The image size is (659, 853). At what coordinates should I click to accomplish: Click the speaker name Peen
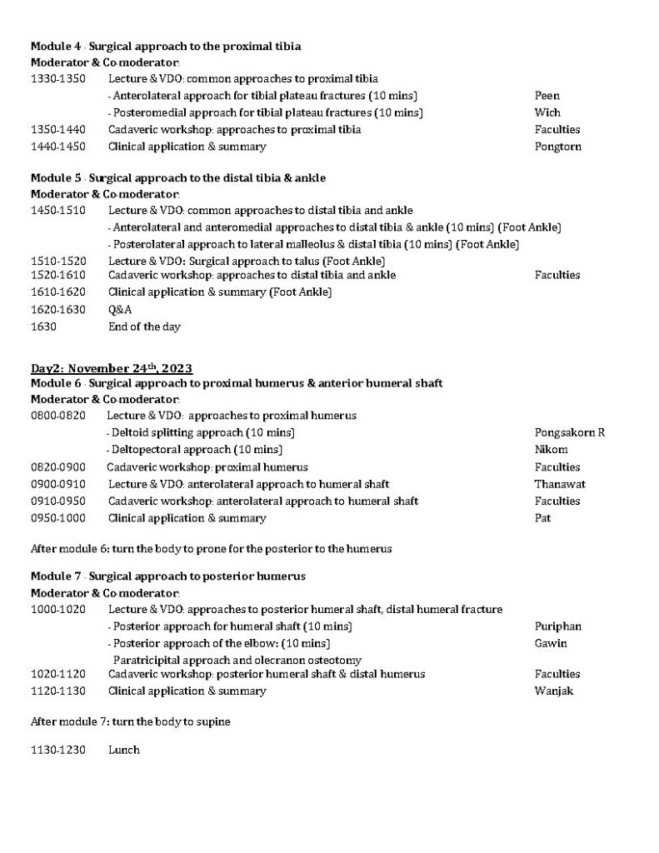[547, 96]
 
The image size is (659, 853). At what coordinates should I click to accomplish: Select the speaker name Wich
[547, 112]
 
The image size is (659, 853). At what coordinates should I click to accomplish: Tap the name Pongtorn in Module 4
[557, 147]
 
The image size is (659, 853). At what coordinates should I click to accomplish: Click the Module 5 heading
[178, 177]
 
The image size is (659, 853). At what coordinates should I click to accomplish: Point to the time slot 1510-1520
[58, 261]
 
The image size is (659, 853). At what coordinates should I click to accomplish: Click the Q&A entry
[120, 309]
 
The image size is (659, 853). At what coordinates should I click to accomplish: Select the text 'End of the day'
[144, 327]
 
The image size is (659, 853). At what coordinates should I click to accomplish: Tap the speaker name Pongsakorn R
[569, 432]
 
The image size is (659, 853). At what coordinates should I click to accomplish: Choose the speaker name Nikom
[551, 450]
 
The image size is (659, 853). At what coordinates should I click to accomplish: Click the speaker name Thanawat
[561, 484]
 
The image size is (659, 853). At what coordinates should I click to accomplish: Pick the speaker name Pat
[542, 518]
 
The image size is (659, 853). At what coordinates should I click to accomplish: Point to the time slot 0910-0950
[58, 501]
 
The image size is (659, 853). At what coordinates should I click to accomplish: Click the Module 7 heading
[168, 576]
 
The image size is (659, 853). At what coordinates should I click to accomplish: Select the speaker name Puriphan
[557, 626]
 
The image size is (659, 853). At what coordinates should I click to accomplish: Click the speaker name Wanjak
[554, 691]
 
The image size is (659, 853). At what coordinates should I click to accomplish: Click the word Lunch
[123, 750]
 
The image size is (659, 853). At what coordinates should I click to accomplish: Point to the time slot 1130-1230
[58, 750]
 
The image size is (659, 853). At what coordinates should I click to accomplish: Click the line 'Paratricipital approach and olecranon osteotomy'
[237, 660]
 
